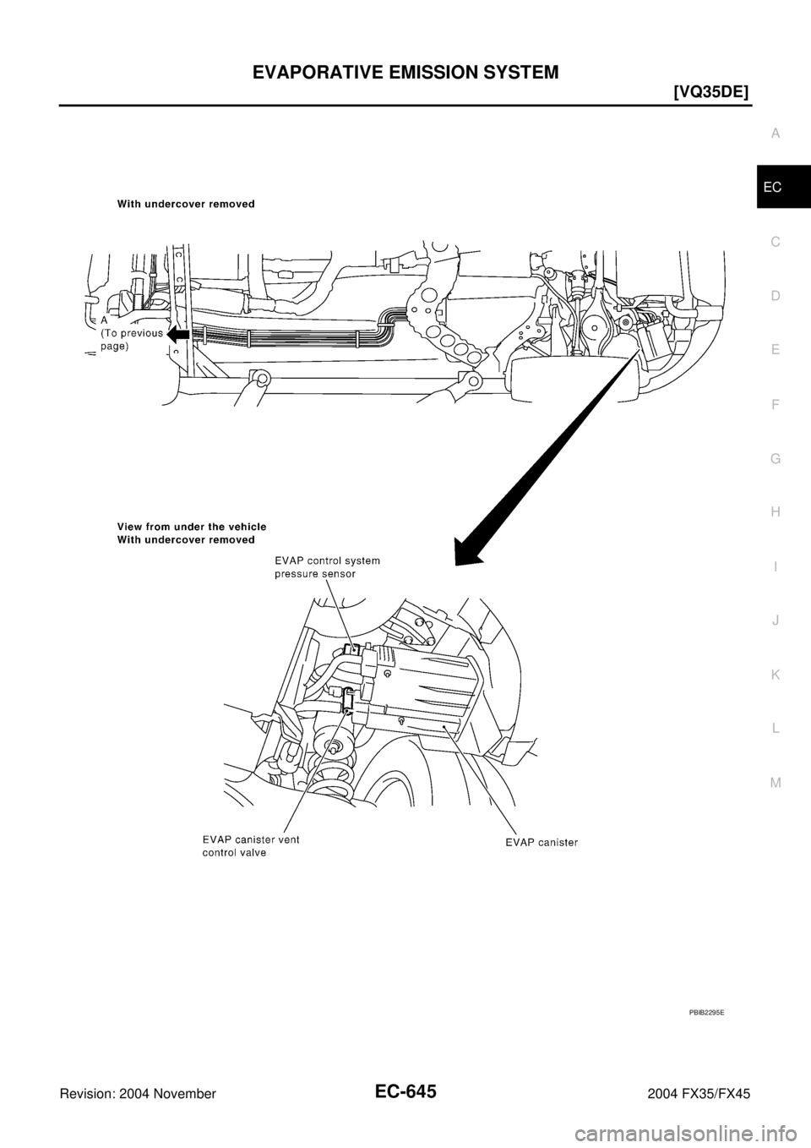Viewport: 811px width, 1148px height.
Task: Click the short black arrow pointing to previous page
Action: tap(178, 335)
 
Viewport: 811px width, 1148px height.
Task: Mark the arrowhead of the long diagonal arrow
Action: tap(467, 555)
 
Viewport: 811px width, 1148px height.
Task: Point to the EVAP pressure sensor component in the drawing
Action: tap(360, 653)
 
